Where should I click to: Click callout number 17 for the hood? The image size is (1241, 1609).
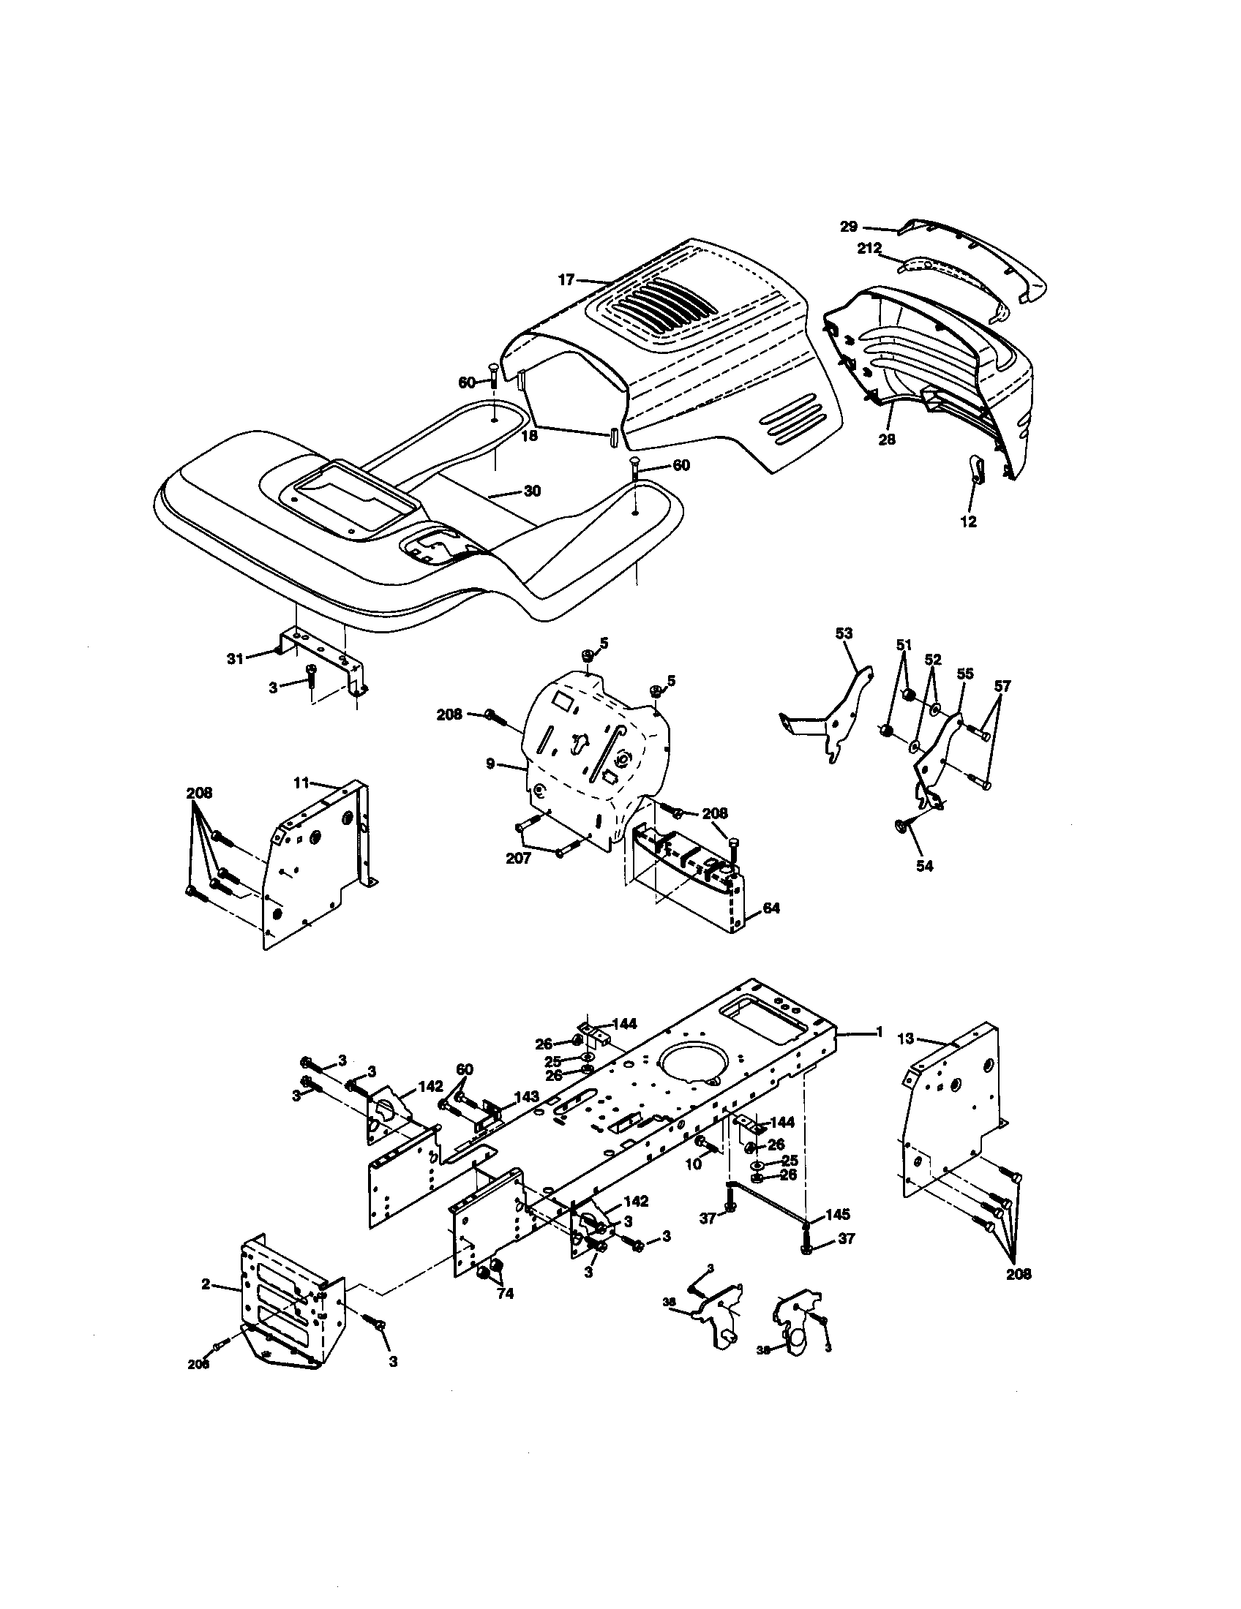pyautogui.click(x=565, y=280)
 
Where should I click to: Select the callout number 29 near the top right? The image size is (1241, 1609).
pyautogui.click(x=849, y=227)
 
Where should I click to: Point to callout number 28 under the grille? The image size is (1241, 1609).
pyautogui.click(x=887, y=439)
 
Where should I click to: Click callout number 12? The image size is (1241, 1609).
pyautogui.click(x=968, y=521)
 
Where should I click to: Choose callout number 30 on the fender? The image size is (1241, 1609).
pyautogui.click(x=532, y=491)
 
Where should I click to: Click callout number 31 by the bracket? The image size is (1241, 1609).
pyautogui.click(x=235, y=659)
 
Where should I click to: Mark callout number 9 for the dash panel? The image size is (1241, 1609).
pyautogui.click(x=490, y=764)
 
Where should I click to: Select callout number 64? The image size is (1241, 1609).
pyautogui.click(x=771, y=909)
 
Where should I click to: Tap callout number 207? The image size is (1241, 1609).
pyautogui.click(x=518, y=859)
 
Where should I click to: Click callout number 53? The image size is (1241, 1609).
pyautogui.click(x=844, y=633)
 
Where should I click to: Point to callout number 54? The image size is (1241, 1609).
pyautogui.click(x=924, y=867)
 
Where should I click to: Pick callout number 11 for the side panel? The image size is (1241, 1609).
pyautogui.click(x=301, y=783)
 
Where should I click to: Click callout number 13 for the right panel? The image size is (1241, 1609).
pyautogui.click(x=906, y=1039)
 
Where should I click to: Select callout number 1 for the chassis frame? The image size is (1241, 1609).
pyautogui.click(x=877, y=1033)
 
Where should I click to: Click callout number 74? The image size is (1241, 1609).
pyautogui.click(x=505, y=1293)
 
